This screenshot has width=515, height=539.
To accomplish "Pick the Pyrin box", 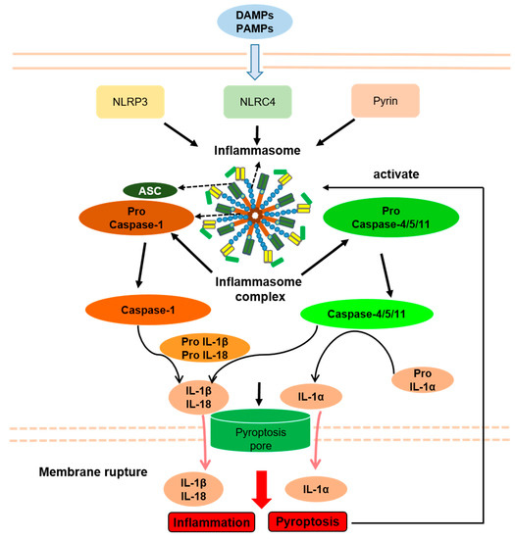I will (384, 102).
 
